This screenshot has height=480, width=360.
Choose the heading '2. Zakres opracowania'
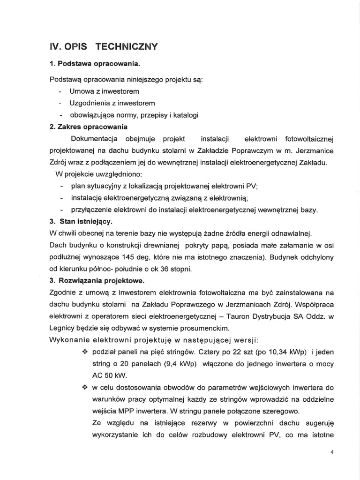pyautogui.click(x=89, y=127)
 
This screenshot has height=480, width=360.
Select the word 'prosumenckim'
pyautogui.click(x=208, y=329)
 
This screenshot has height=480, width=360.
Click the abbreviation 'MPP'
pyautogui.click(x=126, y=412)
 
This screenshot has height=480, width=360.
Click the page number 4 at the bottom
pyautogui.click(x=331, y=452)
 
